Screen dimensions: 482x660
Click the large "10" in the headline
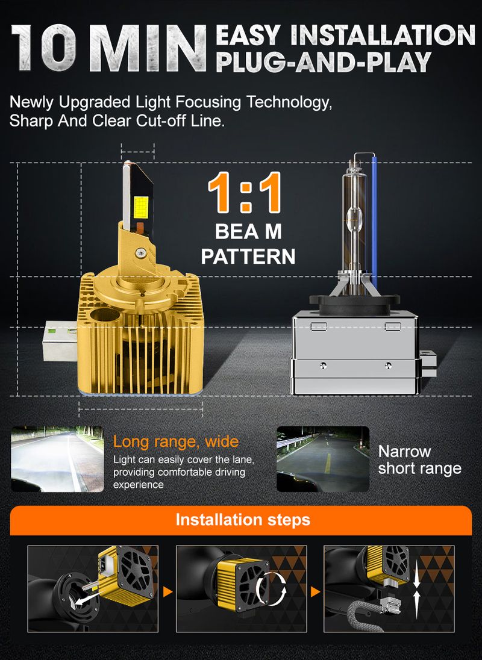point(44,48)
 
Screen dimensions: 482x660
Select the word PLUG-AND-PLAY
point(324,62)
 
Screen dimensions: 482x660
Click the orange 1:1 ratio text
point(245,192)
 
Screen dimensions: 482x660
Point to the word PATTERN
point(248,257)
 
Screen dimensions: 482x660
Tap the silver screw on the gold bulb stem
point(140,253)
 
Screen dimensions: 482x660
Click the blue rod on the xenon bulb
point(374,222)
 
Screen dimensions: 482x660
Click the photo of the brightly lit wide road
point(57,459)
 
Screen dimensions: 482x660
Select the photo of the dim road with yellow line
point(323,459)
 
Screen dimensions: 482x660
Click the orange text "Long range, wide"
point(176,442)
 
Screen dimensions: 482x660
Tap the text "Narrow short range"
point(420,459)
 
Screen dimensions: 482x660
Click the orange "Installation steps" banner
point(241,520)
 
